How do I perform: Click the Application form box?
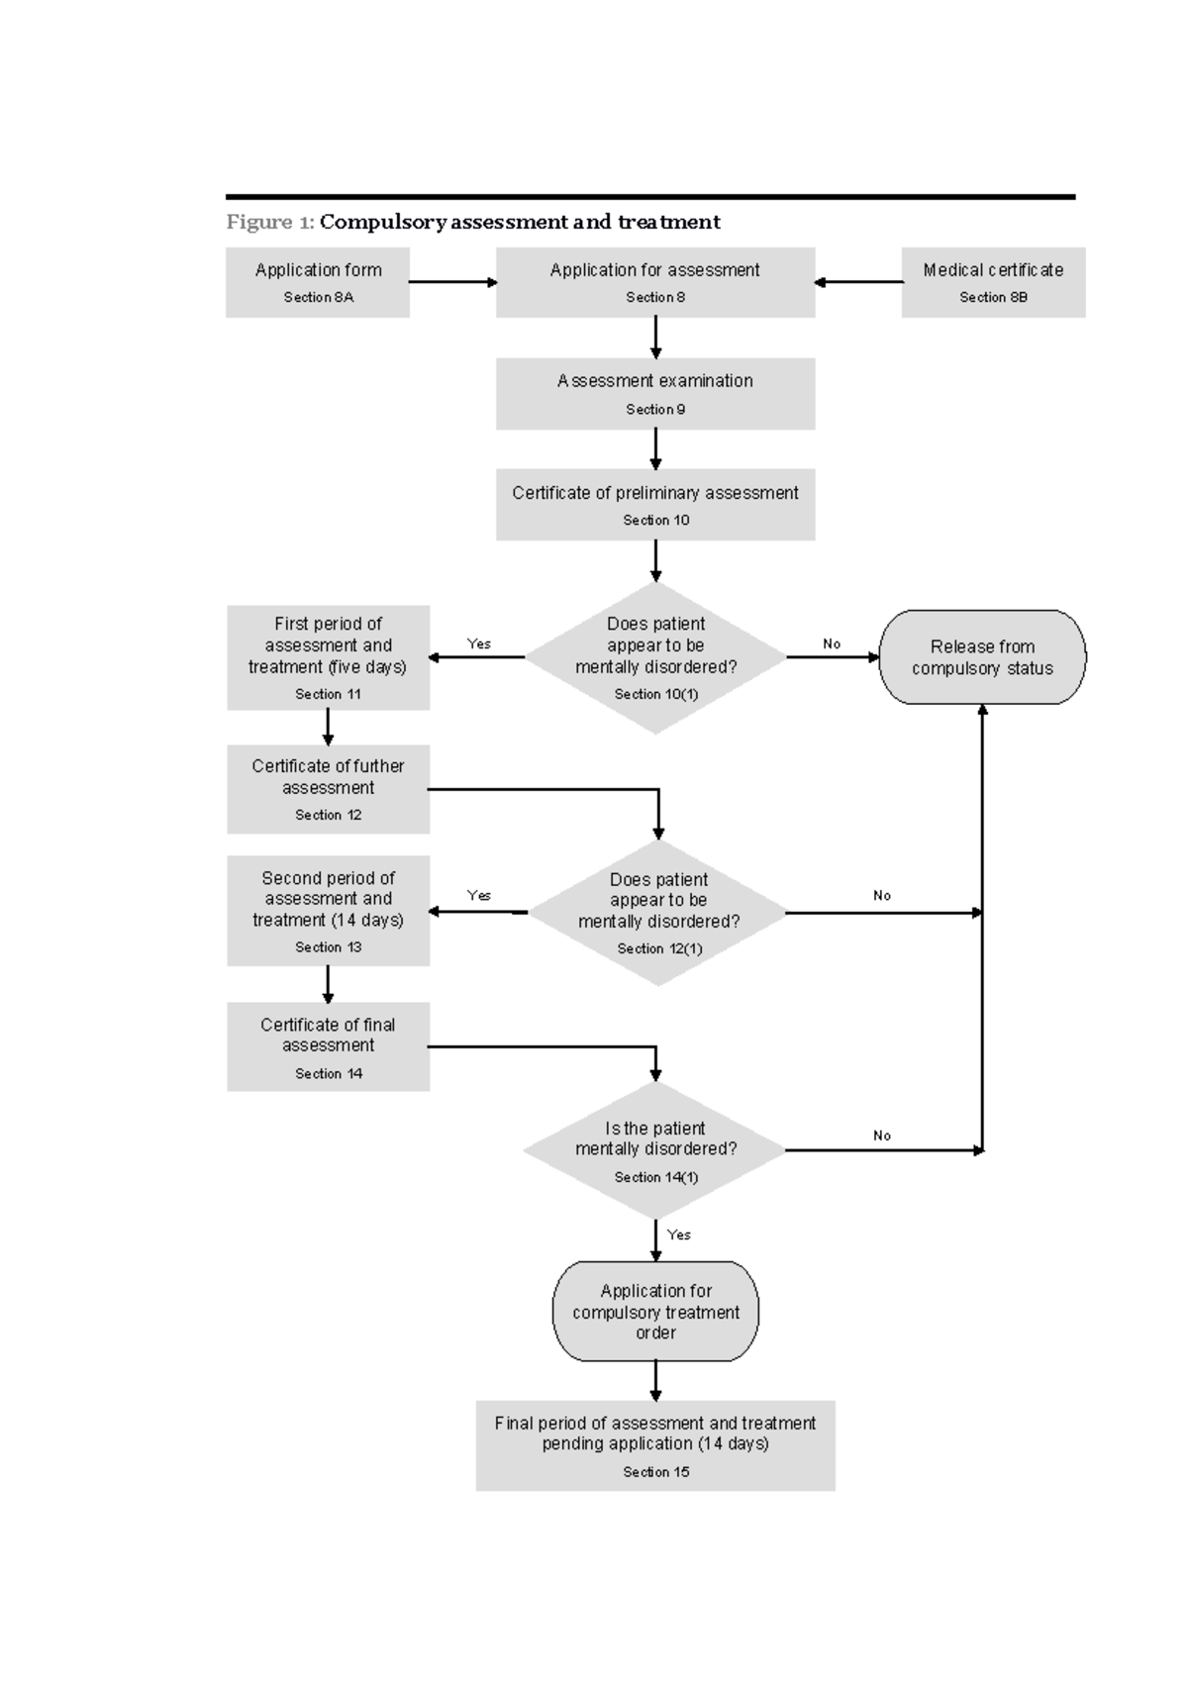[318, 282]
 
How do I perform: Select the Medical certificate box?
[993, 282]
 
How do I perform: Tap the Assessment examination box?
[655, 393]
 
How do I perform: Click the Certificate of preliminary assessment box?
[655, 504]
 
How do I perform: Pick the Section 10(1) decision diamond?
[655, 657]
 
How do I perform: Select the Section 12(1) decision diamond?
[658, 912]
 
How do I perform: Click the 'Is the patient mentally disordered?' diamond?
[655, 1149]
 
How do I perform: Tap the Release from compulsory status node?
[982, 657]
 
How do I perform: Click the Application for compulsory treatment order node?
[655, 1311]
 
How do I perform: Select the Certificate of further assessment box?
[328, 789]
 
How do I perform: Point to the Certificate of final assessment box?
[328, 1046]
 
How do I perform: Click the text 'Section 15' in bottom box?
[655, 1472]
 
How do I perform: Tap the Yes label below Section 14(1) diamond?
[679, 1235]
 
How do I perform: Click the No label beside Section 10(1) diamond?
[832, 643]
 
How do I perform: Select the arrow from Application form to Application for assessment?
[452, 282]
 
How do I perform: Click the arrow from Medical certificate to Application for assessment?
[858, 282]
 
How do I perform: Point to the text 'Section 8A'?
[318, 297]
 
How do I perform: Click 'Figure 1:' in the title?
[270, 222]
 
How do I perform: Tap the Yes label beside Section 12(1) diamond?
[479, 895]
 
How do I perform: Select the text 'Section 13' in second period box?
[328, 947]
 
